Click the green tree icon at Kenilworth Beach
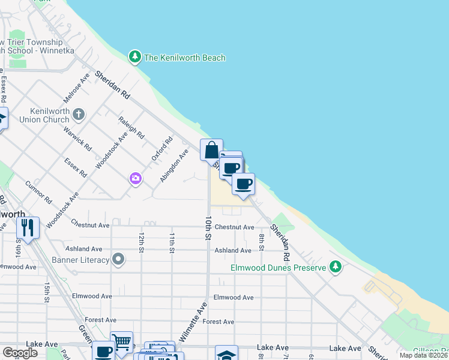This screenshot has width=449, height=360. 135,57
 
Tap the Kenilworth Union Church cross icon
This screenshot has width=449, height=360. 78,114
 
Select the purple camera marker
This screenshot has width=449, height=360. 136,178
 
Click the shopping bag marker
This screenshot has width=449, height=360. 211,150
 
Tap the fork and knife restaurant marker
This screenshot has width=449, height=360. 28,227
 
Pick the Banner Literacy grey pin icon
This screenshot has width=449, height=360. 119,259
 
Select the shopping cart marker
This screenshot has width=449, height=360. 122,343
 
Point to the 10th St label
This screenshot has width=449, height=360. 208,229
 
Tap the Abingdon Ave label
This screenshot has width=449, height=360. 174,166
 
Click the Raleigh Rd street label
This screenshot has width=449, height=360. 131,127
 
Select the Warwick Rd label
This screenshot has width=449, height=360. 79,137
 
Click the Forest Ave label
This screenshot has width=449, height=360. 218,322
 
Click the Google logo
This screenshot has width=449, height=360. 20,353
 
